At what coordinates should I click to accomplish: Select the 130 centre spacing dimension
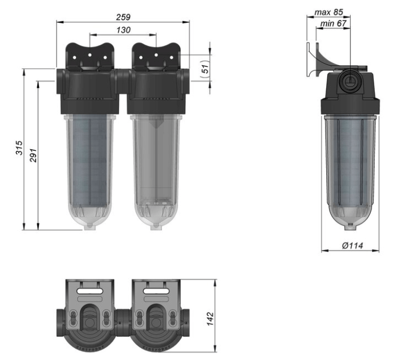click(122, 29)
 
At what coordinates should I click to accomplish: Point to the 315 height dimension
click(19, 150)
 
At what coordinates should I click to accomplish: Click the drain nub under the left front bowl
click(89, 225)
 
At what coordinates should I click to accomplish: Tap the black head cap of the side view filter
click(351, 103)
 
